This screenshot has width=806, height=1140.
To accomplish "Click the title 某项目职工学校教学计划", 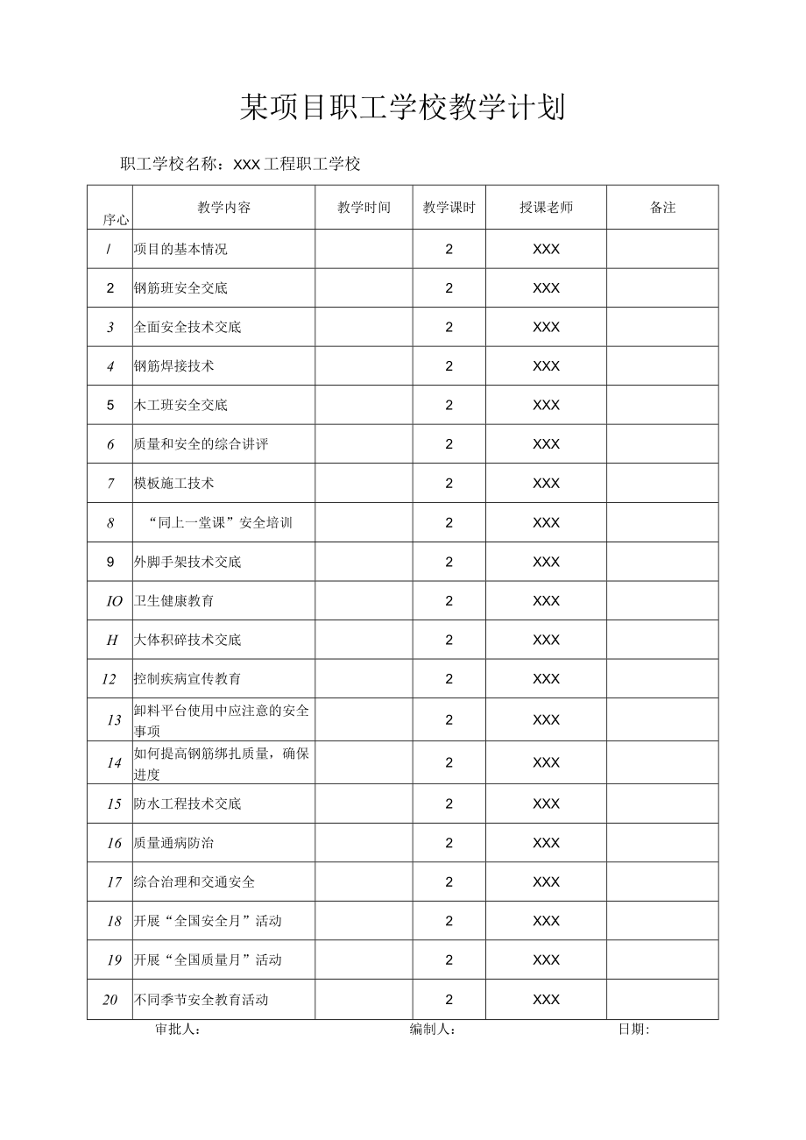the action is (x=402, y=108).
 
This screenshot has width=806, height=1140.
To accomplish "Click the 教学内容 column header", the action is (x=223, y=208).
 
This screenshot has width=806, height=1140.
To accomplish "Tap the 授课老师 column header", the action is (x=546, y=208).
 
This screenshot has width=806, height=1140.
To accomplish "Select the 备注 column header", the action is (x=662, y=208).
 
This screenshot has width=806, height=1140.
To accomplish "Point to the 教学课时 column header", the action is (x=449, y=208).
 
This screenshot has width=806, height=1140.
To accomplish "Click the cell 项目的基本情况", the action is (x=180, y=249).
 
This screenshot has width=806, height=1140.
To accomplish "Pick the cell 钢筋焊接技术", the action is (x=173, y=366).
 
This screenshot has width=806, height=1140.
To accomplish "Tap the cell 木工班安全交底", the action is (x=180, y=405).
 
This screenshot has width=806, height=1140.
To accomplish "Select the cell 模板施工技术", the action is (x=173, y=483).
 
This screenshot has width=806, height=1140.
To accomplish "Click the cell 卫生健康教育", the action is (x=173, y=600).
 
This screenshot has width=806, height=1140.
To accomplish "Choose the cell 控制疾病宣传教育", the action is (x=187, y=678).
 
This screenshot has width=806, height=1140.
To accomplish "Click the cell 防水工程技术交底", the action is (x=187, y=804).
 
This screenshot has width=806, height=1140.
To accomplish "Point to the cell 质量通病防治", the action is (x=173, y=843).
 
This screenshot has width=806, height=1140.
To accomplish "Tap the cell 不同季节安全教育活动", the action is (x=201, y=999).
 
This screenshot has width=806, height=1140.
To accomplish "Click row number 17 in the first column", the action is (x=114, y=882).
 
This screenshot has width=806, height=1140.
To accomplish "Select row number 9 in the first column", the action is (x=110, y=562).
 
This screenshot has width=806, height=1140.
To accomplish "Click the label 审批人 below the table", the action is (x=178, y=1030).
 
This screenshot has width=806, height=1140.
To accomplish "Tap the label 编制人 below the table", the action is (x=432, y=1030).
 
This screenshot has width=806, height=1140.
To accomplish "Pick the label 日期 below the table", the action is (x=633, y=1030).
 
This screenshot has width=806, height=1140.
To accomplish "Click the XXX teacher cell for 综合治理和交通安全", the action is (x=546, y=882).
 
